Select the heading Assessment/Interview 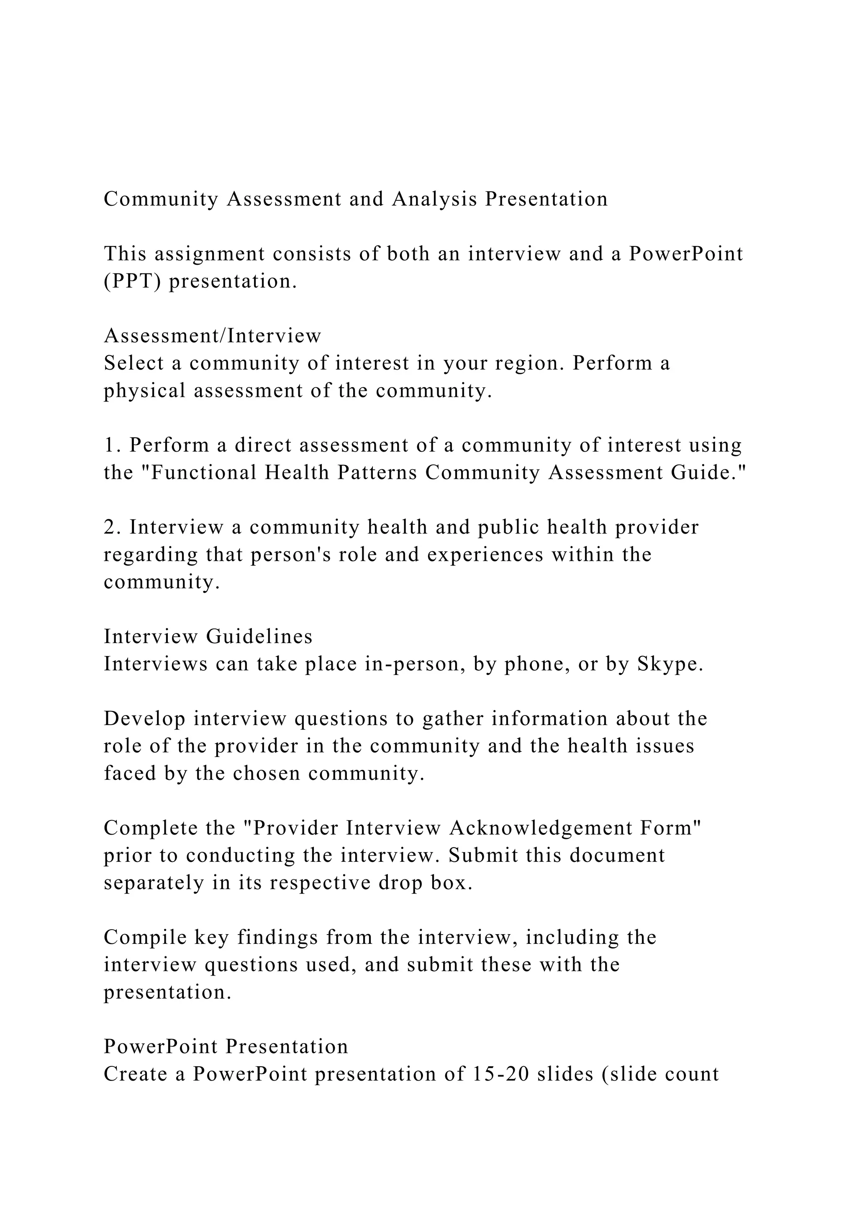pos(212,335)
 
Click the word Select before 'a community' pos(133,363)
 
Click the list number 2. pos(111,527)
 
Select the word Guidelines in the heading pos(259,636)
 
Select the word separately pos(154,883)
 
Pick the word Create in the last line pos(136,1074)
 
